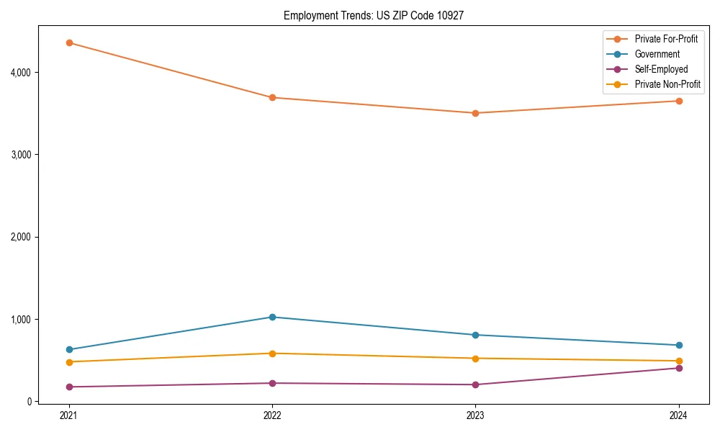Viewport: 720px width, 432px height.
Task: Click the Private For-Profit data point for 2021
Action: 69,42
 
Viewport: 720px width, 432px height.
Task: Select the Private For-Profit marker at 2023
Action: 475,113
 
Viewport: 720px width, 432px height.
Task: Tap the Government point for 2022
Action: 272,317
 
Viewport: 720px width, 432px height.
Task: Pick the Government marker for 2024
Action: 678,345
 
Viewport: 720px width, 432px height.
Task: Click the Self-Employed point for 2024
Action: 678,368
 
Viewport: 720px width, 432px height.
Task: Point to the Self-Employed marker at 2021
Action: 69,387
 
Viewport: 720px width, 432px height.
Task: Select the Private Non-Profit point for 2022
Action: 272,354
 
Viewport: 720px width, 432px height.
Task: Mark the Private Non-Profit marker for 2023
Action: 475,359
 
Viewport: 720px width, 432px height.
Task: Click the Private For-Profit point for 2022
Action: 272,97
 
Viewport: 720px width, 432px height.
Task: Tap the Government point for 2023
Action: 475,335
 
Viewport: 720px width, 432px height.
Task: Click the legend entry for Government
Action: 657,54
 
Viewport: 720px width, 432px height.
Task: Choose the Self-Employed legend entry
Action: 661,69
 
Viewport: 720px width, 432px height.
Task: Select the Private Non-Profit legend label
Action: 667,84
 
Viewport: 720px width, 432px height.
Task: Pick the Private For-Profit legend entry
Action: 666,39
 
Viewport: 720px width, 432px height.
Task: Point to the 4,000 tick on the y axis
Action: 22,73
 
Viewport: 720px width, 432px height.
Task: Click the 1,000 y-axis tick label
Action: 22,319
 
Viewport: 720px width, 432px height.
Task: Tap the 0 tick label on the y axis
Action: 30,402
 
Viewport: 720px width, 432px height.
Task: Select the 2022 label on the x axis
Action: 272,415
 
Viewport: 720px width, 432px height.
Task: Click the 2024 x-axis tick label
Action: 678,415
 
